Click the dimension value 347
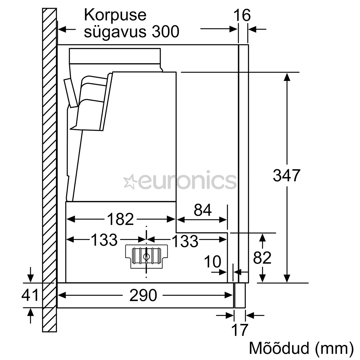coord(286,175)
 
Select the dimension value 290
coord(143,295)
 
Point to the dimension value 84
coord(203,210)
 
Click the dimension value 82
coord(262,258)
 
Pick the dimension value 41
coord(30,295)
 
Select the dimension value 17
coord(240,330)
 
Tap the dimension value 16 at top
coord(242,15)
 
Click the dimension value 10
coord(212,262)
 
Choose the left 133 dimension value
coord(104,240)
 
